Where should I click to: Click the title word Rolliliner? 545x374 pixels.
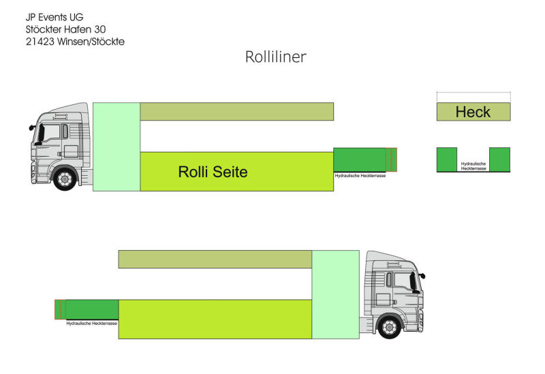coord(275,57)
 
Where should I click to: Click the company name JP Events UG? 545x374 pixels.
coord(54,16)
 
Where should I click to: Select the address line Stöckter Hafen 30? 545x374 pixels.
coord(65,29)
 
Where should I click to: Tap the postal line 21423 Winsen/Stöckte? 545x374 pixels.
coord(75,41)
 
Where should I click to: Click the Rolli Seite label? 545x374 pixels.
coord(213,172)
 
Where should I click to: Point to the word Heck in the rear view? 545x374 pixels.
coord(473,112)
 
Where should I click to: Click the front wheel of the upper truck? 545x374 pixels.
coord(64,179)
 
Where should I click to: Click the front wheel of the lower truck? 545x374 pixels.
coord(389,328)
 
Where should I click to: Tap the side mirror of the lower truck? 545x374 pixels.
coord(421,276)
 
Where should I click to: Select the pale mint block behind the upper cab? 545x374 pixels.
coord(116,146)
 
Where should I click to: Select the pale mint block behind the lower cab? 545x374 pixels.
coord(335,294)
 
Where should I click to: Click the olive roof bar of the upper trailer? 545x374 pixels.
coord(236,111)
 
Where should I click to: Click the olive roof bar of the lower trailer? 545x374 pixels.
coord(215,259)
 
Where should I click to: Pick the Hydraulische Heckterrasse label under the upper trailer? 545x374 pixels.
coord(360,175)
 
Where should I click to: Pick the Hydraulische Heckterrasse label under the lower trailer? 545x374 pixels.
coord(92,324)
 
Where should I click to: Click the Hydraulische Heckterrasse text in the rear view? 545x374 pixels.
coord(473,166)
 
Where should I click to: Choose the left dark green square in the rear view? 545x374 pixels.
coord(447,159)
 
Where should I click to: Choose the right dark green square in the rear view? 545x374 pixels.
coord(499,159)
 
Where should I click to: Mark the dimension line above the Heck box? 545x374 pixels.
coord(473,93)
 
